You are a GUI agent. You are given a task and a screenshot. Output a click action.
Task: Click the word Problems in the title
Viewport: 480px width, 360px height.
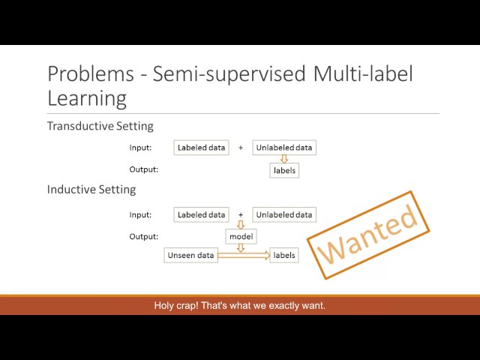pos(91,73)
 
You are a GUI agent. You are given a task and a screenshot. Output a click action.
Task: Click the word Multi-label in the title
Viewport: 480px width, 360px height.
pos(363,73)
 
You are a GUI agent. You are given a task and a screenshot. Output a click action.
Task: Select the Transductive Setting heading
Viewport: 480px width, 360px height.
pos(100,126)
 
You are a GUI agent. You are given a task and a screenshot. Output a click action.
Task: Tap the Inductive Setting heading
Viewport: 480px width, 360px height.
pos(91,190)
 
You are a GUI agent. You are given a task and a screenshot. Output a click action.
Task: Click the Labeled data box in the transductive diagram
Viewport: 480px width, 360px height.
pos(201,148)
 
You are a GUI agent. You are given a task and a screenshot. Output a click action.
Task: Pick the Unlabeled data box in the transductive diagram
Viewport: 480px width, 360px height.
pos(284,148)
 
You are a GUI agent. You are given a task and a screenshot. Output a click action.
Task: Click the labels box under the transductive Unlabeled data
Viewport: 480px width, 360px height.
pos(284,170)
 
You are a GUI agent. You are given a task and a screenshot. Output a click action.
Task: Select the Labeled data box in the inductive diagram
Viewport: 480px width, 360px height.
pos(201,214)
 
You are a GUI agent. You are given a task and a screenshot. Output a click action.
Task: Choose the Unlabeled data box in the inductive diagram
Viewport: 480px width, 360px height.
pos(284,214)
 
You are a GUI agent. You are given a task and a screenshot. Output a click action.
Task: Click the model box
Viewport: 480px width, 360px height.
pos(241,236)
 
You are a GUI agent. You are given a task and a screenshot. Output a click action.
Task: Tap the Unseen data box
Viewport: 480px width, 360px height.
pos(190,255)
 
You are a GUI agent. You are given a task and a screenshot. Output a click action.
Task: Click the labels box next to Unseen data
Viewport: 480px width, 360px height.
pos(284,255)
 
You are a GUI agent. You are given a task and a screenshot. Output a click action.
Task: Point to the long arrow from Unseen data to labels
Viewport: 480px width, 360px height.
pos(244,255)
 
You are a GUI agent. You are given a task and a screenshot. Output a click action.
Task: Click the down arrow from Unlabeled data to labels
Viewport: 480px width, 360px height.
pos(284,159)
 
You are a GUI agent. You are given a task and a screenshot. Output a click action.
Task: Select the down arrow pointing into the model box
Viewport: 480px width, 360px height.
pos(241,225)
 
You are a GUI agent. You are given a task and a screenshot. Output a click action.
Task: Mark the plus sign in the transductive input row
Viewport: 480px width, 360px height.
pos(241,148)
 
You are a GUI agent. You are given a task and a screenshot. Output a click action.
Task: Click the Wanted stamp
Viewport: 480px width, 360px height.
pos(368,235)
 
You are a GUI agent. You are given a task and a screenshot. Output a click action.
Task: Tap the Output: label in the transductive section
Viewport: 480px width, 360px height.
pos(143,169)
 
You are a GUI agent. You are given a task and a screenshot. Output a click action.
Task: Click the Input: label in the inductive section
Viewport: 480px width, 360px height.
pos(140,214)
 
